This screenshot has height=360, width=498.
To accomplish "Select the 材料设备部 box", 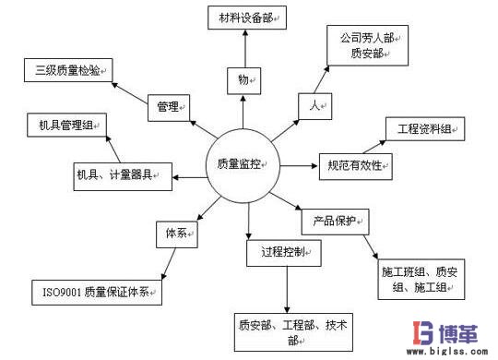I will [244, 18].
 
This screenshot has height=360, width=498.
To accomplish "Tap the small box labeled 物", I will [243, 80].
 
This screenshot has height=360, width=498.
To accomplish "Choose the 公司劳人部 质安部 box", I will [367, 46].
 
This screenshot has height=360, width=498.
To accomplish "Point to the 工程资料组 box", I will [423, 128].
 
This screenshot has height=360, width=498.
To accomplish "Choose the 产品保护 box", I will [335, 222].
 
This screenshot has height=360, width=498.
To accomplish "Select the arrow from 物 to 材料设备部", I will [244, 48].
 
